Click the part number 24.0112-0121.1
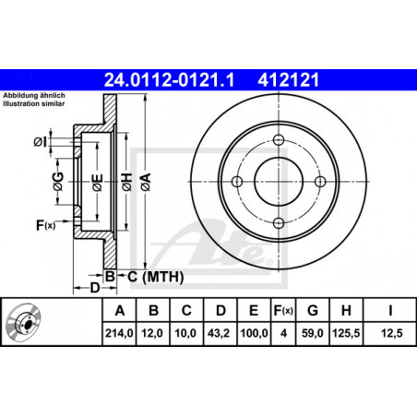[x=169, y=80]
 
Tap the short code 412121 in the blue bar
[x=289, y=80]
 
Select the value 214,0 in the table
[x=119, y=333]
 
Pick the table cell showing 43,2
[x=219, y=333]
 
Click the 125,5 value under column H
[x=346, y=333]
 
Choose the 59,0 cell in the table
[x=312, y=333]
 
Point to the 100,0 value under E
[x=254, y=333]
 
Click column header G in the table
[x=313, y=311]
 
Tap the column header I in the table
[x=390, y=311]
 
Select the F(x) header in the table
[x=283, y=311]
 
